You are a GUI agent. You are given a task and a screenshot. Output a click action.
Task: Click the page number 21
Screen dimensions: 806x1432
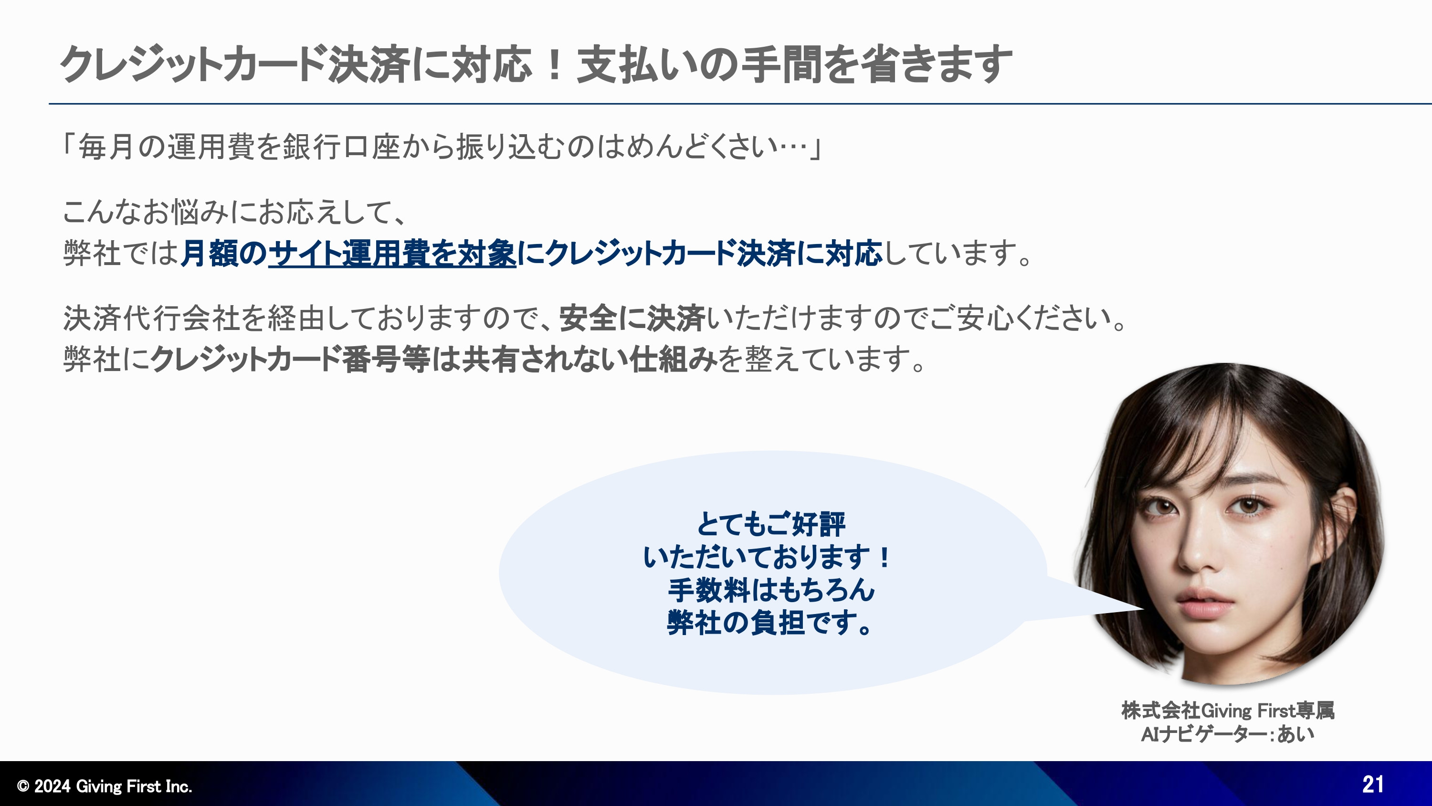(1372, 785)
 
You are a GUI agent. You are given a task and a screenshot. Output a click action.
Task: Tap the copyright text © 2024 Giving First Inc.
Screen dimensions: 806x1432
(105, 786)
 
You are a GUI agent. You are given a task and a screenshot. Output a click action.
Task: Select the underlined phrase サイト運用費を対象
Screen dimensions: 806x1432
(392, 253)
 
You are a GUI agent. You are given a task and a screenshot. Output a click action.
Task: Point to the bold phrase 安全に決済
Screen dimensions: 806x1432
(632, 318)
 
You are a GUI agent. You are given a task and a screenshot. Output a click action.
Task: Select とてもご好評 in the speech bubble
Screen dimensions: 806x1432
(770, 523)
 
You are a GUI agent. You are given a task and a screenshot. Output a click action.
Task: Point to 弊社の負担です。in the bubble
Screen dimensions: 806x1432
(770, 623)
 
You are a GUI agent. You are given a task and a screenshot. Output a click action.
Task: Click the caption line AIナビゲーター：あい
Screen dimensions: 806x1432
(1227, 734)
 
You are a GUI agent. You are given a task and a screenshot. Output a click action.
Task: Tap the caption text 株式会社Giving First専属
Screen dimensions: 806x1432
(1227, 711)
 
